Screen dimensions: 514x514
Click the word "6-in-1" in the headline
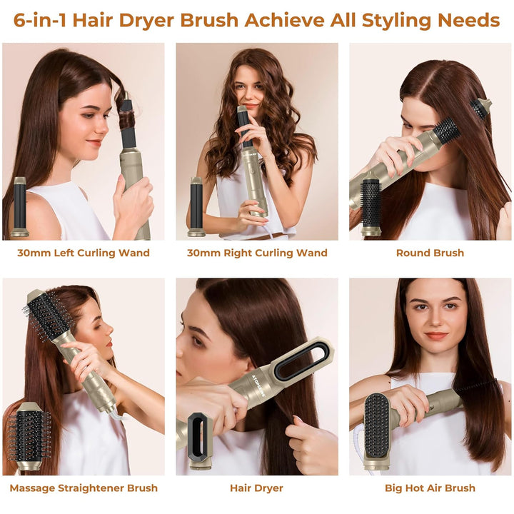click(x=40, y=20)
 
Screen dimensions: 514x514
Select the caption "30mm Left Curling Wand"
click(x=84, y=253)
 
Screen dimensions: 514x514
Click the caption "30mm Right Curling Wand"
click(x=257, y=253)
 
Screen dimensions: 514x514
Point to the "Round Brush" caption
click(x=430, y=253)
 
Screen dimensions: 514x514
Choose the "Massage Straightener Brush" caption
click(x=84, y=488)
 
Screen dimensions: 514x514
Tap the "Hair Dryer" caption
click(x=256, y=488)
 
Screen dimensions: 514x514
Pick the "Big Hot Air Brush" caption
click(x=430, y=488)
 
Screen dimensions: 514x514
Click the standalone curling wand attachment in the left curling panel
click(x=20, y=206)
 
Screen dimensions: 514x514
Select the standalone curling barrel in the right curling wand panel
click(x=196, y=206)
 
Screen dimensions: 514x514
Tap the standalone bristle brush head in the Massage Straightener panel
click(x=29, y=436)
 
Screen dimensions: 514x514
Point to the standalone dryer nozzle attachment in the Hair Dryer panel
click(x=198, y=440)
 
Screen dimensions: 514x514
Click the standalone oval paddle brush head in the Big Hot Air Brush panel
click(x=378, y=430)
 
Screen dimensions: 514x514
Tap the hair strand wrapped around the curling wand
click(x=127, y=122)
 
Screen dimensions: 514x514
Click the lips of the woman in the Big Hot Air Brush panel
click(x=436, y=336)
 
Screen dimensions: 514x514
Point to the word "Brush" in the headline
click(x=209, y=20)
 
